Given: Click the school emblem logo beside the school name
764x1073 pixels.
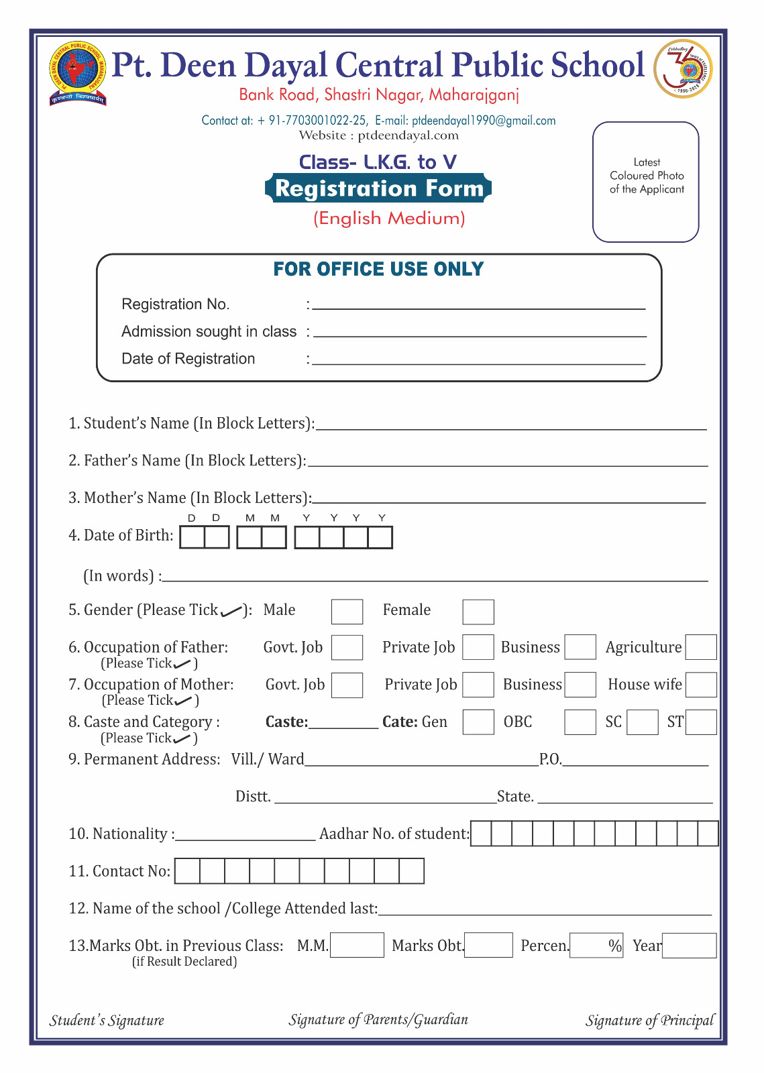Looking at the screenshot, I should [78, 73].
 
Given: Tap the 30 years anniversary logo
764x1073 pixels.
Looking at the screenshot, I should [683, 69].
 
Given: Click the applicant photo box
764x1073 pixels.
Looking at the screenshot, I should [646, 182].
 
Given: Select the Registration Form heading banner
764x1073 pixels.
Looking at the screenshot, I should [378, 188].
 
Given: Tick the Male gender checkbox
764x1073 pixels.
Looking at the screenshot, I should [347, 612].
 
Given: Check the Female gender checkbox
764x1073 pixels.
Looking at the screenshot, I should [478, 612].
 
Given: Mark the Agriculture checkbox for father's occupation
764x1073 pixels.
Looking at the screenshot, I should [701, 647].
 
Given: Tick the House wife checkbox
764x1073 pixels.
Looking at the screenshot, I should [701, 685].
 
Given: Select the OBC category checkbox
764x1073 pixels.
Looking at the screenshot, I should [580, 722].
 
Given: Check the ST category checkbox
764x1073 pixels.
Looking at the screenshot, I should [701, 722].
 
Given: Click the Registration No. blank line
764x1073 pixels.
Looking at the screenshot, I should [478, 304].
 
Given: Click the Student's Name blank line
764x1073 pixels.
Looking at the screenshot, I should [511, 425].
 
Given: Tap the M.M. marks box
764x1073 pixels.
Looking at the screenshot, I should [357, 946].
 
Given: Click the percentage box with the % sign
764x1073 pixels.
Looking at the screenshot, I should [596, 946].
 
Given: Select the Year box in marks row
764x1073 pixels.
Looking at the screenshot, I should [689, 946].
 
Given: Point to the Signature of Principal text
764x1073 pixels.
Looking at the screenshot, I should [649, 1021].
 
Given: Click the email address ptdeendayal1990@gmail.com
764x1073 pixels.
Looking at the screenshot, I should [484, 121].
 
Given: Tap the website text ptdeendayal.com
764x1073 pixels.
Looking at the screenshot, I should [408, 135].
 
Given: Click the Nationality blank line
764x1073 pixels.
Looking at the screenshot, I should [245, 835].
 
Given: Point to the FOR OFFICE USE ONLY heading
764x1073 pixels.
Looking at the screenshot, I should [378, 270].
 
